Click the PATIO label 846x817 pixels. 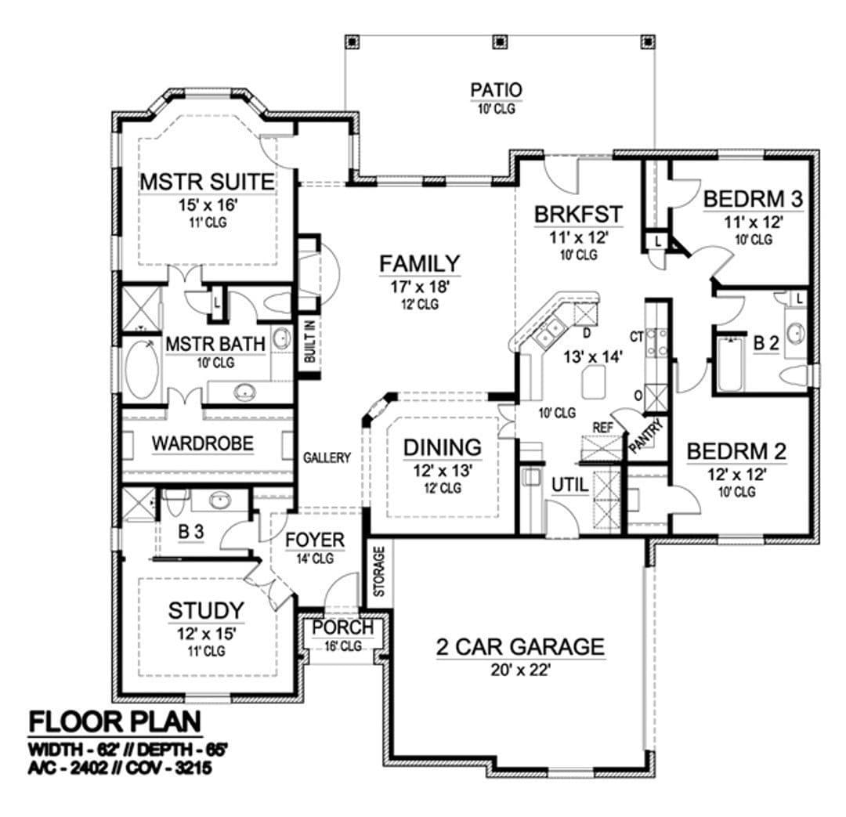496,90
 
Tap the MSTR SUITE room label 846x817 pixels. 207,182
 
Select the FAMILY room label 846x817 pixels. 420,264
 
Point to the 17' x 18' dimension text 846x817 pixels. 420,287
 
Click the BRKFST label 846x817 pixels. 578,214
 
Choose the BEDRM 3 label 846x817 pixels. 754,199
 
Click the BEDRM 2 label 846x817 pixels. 736,452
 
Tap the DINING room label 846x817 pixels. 443,447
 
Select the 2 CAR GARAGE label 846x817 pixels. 520,646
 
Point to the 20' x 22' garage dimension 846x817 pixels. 520,670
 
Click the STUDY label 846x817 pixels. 206,610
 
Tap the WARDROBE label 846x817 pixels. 202,443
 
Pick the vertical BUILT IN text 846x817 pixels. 309,342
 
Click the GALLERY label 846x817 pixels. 327,457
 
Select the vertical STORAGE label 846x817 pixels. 379,572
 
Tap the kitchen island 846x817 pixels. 594,381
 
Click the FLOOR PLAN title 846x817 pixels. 115,721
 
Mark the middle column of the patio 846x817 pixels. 501,42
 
